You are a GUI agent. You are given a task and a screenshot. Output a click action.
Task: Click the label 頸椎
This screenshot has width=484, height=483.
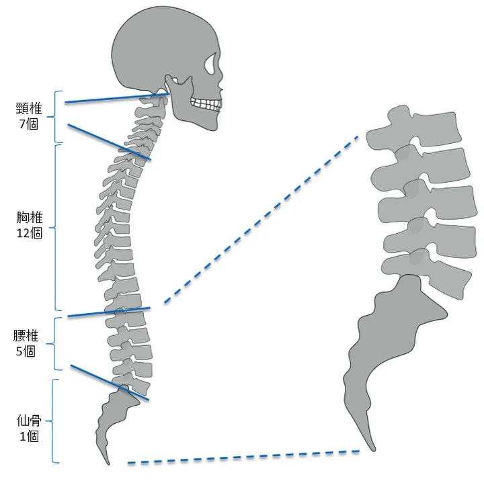29,109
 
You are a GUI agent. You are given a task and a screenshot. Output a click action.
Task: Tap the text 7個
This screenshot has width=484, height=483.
29,124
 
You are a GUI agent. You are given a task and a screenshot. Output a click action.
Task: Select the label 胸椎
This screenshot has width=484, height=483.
30,218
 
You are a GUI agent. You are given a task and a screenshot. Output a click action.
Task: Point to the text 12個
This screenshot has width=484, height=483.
30,233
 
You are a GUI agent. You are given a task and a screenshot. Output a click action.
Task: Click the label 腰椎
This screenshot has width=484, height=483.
26,336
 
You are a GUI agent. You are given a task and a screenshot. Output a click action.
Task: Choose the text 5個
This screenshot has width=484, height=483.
26,351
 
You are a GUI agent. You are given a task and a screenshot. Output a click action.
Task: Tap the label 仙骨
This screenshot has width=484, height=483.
29,421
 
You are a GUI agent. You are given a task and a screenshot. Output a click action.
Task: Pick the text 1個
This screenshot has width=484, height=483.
30,436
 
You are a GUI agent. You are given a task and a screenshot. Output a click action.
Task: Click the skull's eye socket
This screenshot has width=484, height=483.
211,64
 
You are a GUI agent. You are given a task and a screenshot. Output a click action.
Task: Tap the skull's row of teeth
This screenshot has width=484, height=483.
206,103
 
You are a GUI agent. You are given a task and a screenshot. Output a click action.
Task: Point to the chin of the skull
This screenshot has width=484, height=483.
214,126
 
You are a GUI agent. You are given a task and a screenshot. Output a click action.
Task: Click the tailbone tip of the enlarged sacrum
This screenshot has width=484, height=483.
373,449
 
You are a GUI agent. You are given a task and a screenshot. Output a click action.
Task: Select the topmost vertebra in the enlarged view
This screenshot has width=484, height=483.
413,126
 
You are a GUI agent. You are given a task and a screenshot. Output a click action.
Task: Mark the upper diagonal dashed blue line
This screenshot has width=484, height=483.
261,219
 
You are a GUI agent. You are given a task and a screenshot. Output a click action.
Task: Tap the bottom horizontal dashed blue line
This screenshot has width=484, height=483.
243,457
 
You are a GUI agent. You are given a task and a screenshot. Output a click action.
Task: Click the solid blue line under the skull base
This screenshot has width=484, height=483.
117,98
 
